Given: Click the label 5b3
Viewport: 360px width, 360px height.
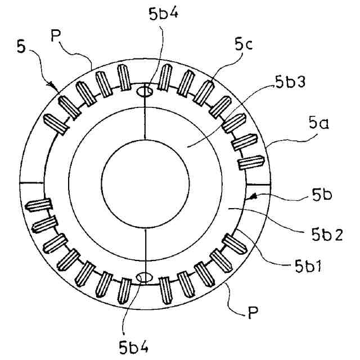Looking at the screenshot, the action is point(290,84).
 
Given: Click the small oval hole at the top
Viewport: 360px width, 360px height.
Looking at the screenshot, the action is point(145,91).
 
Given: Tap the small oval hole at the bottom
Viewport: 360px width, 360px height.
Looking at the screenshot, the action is point(145,276).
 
